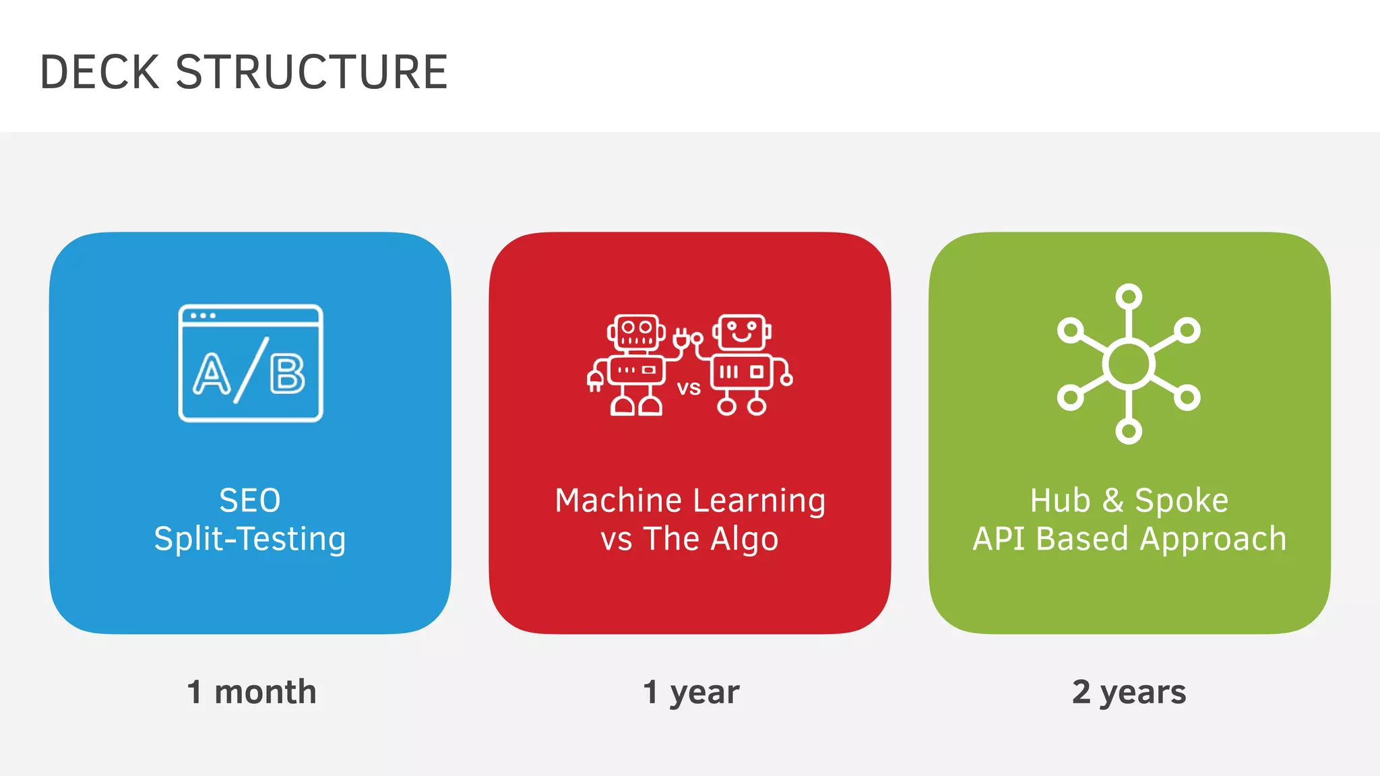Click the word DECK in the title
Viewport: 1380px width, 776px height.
pos(100,72)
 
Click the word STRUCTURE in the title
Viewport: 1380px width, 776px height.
pos(311,72)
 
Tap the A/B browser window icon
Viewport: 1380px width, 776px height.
pos(251,363)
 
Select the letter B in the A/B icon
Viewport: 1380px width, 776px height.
pos(288,374)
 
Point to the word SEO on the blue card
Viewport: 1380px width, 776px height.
pos(250,500)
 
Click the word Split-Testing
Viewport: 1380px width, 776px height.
pos(250,539)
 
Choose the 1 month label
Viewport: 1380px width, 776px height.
pos(251,692)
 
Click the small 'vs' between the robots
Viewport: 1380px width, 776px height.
pos(689,388)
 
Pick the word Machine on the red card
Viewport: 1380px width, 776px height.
pos(618,500)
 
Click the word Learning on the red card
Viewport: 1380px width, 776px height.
pos(759,500)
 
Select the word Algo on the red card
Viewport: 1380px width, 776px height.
pos(745,539)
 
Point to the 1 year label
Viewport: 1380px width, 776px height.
pos(691,692)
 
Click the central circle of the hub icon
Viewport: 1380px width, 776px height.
pos(1129,364)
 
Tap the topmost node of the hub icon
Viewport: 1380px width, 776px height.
pos(1129,296)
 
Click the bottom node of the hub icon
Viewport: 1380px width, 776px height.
pos(1129,431)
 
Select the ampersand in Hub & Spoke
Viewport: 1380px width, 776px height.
pos(1113,500)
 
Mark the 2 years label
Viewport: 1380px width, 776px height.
pos(1129,692)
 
